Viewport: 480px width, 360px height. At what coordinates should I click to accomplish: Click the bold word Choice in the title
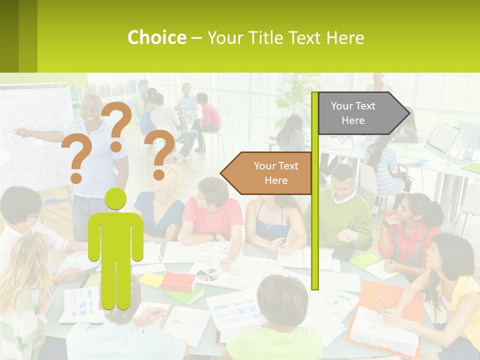[x=156, y=37]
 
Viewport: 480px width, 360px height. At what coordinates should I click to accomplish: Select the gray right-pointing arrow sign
[x=360, y=113]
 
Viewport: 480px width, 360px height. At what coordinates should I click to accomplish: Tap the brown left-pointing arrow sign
[x=270, y=173]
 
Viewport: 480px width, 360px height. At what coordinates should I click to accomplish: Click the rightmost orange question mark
[x=159, y=153]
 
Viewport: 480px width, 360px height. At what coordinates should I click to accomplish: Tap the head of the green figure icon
[x=115, y=199]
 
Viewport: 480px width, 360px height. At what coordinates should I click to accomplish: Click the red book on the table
[x=178, y=281]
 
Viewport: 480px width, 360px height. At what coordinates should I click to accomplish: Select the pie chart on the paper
[x=207, y=274]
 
